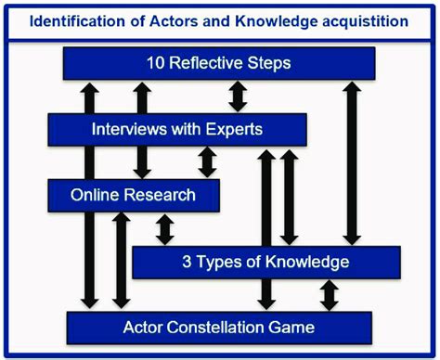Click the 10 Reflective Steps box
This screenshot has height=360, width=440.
pos(219,64)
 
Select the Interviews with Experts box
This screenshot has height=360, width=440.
pos(177,129)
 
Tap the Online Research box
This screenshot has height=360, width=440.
pos(134,195)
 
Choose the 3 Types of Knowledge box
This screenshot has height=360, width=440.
pos(267,262)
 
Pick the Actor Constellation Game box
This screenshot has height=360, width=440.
pos(219,328)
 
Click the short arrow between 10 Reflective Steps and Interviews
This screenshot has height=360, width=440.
pos(237,96)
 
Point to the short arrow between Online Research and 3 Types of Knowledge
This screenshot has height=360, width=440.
pos(165,228)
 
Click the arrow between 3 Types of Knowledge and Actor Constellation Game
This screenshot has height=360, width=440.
pos(329,295)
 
